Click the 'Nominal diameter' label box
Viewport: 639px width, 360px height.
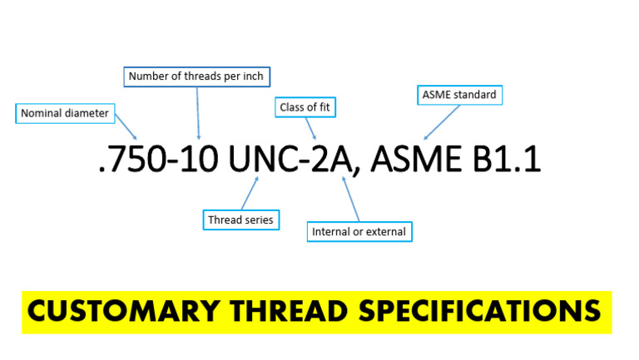point(64,113)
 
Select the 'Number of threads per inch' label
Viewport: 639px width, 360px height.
point(197,77)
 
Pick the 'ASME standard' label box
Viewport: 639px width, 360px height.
point(459,95)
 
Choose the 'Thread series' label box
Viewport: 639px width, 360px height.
point(241,219)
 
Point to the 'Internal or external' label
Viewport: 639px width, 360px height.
point(359,231)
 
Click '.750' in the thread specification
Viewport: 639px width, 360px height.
point(131,159)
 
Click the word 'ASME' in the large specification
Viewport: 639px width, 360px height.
point(414,159)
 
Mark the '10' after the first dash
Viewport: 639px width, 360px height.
point(200,159)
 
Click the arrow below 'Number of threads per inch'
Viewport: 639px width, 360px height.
point(199,112)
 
